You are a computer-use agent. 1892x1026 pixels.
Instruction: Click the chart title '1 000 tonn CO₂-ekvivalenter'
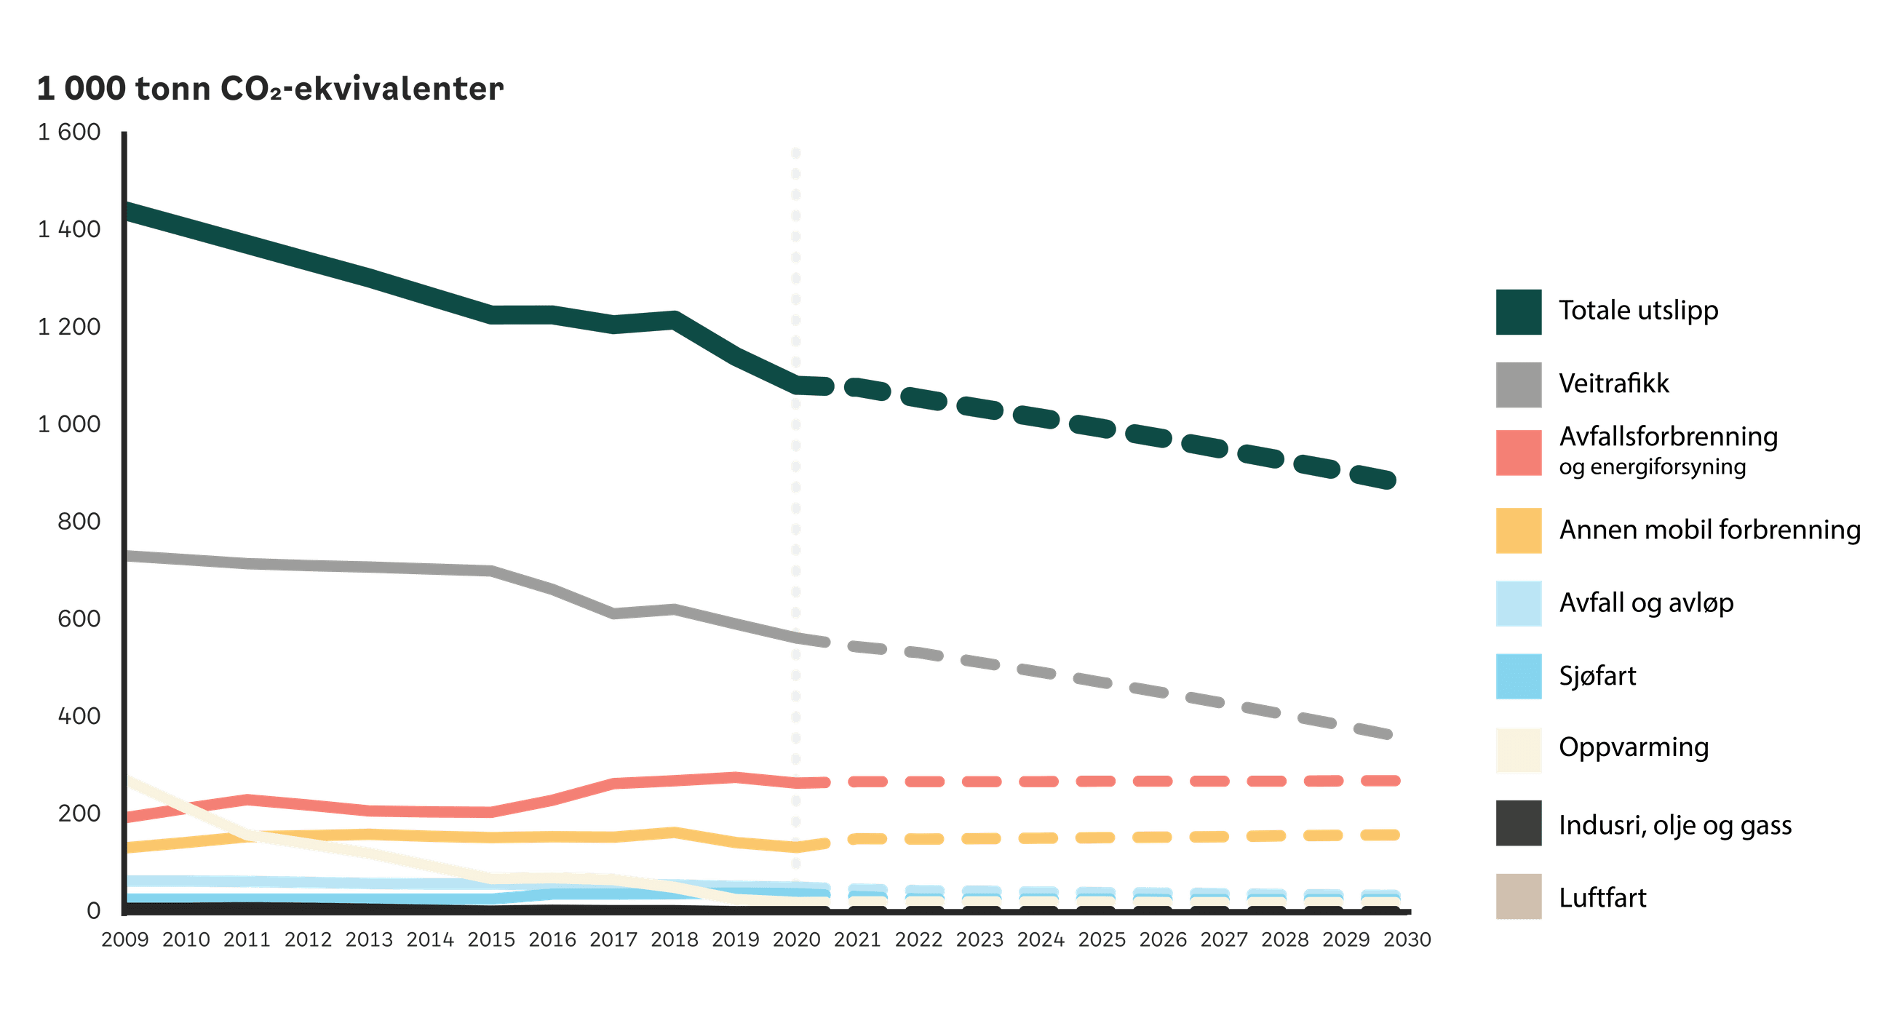tap(269, 89)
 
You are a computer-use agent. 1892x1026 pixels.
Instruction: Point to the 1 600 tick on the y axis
tap(69, 132)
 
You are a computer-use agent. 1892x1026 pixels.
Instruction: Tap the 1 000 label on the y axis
tap(69, 423)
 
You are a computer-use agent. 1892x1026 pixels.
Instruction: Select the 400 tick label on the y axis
tap(79, 716)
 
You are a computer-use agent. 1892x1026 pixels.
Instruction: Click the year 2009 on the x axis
tap(125, 939)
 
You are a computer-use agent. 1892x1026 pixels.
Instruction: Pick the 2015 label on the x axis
tap(491, 939)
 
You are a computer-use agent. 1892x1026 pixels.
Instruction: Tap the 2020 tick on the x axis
tap(796, 939)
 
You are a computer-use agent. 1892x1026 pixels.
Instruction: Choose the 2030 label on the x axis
tap(1407, 939)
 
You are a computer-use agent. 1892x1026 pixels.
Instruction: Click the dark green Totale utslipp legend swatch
tap(1518, 312)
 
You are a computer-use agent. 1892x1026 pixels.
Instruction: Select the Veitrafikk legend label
tap(1613, 383)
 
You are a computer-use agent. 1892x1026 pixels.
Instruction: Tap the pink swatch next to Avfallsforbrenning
tap(1518, 453)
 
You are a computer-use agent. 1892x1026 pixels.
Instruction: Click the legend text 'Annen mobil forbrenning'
tap(1709, 530)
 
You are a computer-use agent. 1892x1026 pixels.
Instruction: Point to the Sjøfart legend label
tap(1597, 676)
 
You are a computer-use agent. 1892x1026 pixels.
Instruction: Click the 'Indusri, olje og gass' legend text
tap(1674, 825)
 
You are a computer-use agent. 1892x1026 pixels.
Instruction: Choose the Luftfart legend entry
tap(1602, 897)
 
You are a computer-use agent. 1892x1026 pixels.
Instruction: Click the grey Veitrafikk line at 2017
tap(613, 613)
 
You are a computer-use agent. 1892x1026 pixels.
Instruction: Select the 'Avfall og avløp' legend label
tap(1646, 603)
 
